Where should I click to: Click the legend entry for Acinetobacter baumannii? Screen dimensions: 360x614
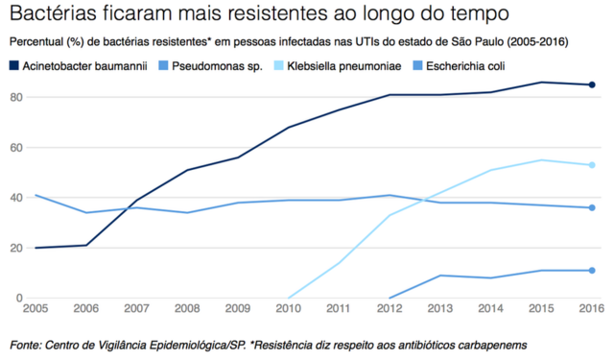tap(85, 66)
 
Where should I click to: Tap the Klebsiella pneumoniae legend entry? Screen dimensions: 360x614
tap(351, 66)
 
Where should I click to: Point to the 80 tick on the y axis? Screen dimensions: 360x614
tap(16, 97)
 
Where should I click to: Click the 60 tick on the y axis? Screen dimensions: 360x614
tap(16, 147)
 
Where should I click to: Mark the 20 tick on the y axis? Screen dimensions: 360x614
tap(16, 247)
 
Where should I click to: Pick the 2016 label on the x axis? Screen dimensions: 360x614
tap(591, 310)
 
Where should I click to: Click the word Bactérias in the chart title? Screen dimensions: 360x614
tap(47, 15)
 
